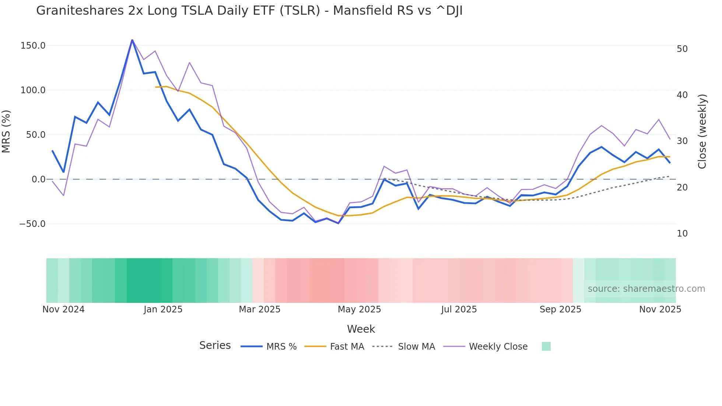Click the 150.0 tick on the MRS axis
33,46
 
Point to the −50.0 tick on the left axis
32,224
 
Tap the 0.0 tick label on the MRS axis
38,179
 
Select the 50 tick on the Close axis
682,49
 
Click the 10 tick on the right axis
682,234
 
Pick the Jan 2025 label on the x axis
163,309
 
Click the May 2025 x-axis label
359,309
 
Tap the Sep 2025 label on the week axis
560,309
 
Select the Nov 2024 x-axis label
63,309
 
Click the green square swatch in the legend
546,346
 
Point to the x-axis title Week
361,329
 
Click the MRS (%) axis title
6,132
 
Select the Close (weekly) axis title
702,132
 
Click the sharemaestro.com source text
646,289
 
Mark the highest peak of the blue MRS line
132,40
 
